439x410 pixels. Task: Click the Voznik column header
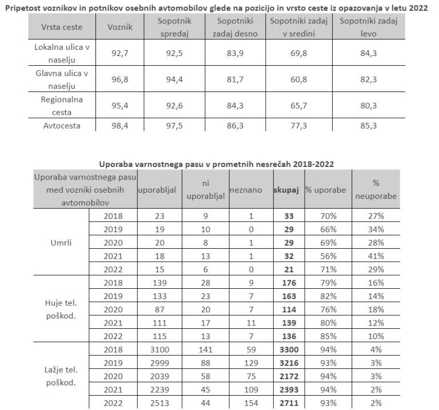coord(121,27)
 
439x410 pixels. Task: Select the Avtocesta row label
coord(62,126)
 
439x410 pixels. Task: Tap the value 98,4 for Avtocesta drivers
coord(121,126)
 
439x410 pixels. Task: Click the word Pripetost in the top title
coord(25,6)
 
